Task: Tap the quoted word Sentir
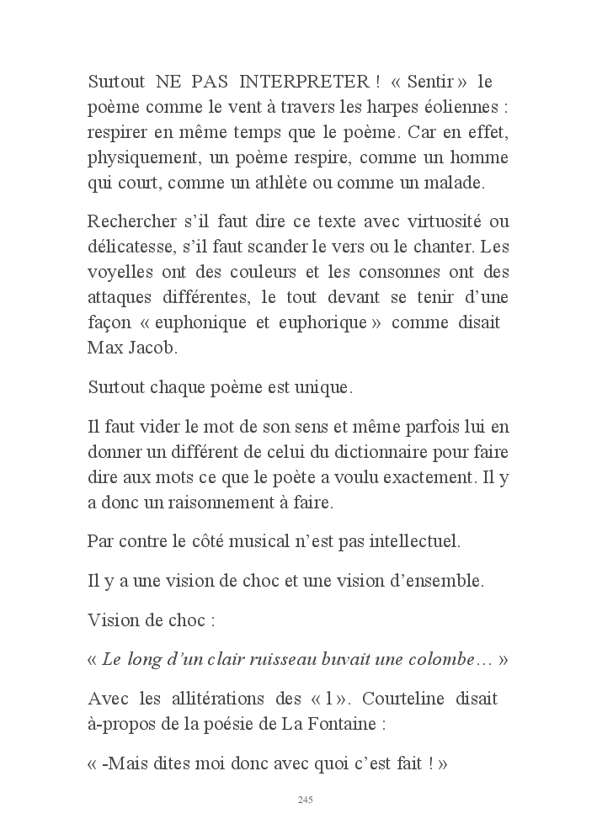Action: [x=429, y=82]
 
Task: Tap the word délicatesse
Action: [x=135, y=247]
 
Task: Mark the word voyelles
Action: [x=117, y=272]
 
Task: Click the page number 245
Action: [x=306, y=800]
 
